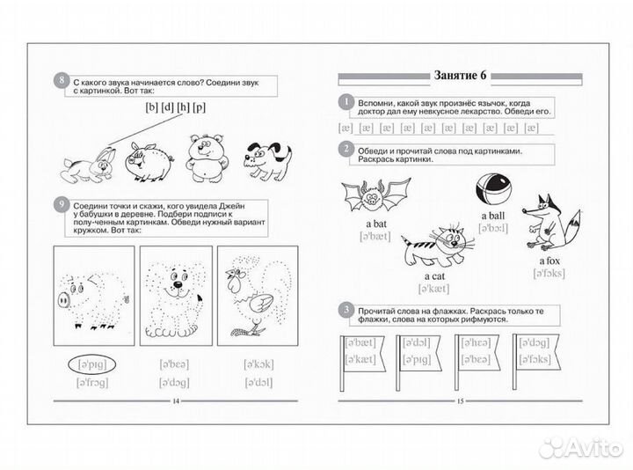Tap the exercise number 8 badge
pos(60,83)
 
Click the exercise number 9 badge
pos(60,208)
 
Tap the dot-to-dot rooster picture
pos(254,293)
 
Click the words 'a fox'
pos(552,261)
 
